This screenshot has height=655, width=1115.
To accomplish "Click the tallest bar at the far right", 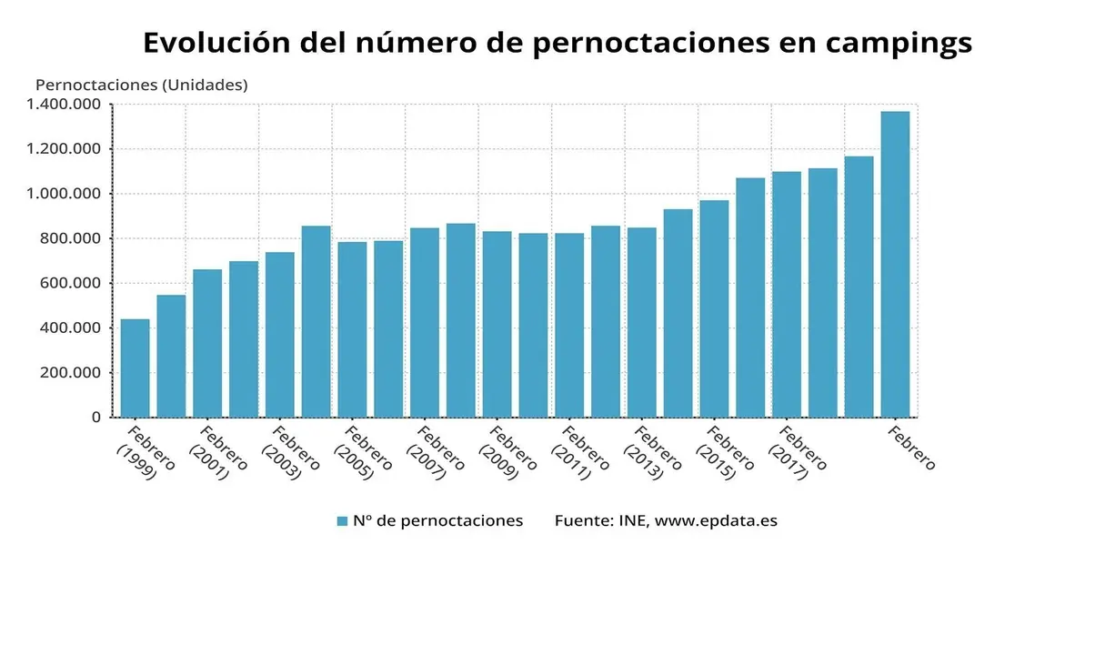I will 895,264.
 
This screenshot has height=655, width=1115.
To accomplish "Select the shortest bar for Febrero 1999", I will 135,368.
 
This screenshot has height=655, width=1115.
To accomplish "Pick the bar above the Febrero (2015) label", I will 714,309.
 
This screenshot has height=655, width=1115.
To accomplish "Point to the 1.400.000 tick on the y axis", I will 63,105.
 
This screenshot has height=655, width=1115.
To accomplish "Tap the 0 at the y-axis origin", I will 95,418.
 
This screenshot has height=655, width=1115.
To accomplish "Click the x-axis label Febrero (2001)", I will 216,451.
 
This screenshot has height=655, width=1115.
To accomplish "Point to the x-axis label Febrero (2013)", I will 651,451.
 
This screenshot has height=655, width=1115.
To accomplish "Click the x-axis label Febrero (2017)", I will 797,451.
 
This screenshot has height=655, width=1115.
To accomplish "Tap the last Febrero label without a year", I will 911,447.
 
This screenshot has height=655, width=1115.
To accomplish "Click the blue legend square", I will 342,521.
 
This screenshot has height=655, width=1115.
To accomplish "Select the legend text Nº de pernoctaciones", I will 437,521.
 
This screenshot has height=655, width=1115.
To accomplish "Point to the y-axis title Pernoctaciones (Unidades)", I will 141,85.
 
